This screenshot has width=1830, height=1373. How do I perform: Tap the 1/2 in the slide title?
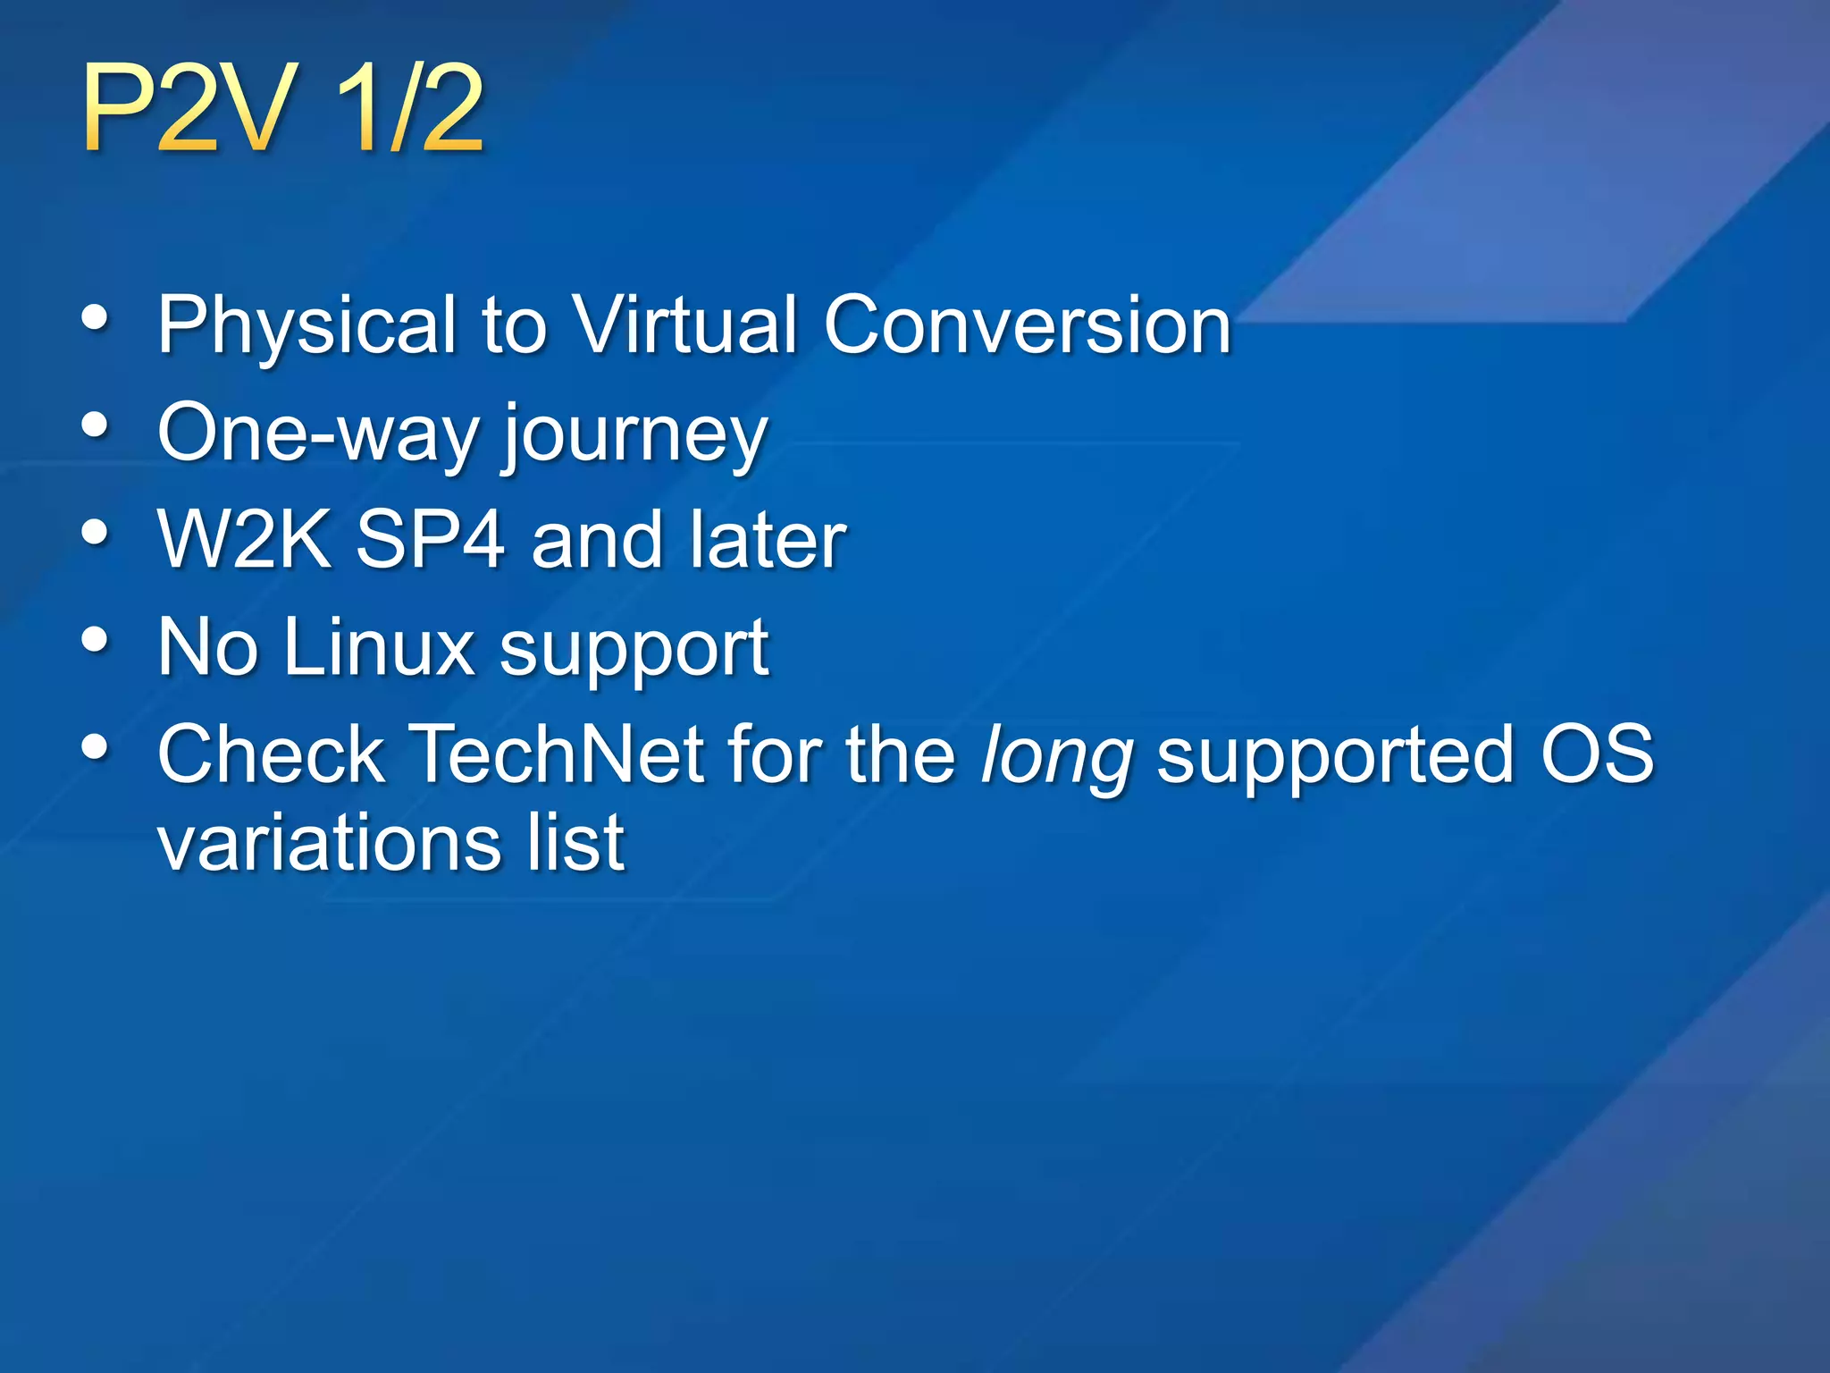(410, 110)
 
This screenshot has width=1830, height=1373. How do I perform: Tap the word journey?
(634, 436)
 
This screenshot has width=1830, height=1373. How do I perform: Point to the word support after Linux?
(634, 651)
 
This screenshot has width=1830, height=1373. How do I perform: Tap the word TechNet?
(558, 754)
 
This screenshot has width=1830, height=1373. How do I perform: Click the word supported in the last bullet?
(1335, 758)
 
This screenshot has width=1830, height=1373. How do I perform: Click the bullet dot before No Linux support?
(95, 640)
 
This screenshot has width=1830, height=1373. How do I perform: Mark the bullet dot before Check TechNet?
(95, 747)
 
